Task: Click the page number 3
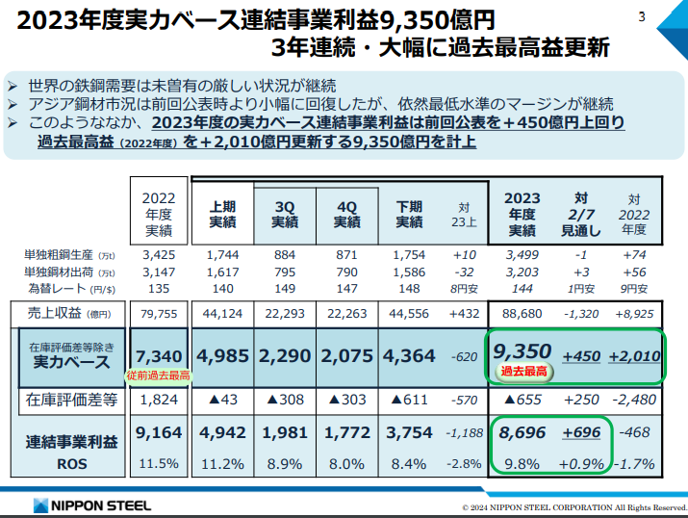643,16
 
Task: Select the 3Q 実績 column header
286,213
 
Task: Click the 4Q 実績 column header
347,213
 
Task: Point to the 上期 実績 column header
223,213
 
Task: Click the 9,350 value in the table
522,350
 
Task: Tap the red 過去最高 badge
522,371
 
